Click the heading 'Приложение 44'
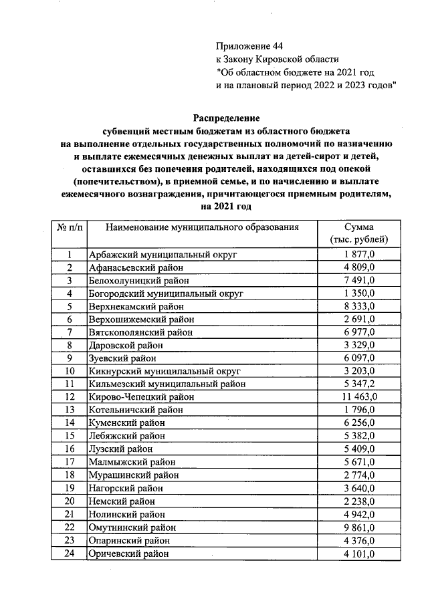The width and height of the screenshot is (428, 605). [250, 46]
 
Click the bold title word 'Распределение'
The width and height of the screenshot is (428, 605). [226, 118]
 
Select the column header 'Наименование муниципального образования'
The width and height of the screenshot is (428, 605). [201, 227]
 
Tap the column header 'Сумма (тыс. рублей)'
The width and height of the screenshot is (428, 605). [360, 233]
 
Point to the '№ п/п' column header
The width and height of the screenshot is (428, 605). [69, 227]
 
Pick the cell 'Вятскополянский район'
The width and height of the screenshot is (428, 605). [140, 332]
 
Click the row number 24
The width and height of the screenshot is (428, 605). [69, 554]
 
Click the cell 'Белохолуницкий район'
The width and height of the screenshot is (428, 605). [139, 281]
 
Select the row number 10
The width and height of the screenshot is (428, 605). [69, 371]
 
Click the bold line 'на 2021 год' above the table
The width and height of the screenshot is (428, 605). [226, 207]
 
